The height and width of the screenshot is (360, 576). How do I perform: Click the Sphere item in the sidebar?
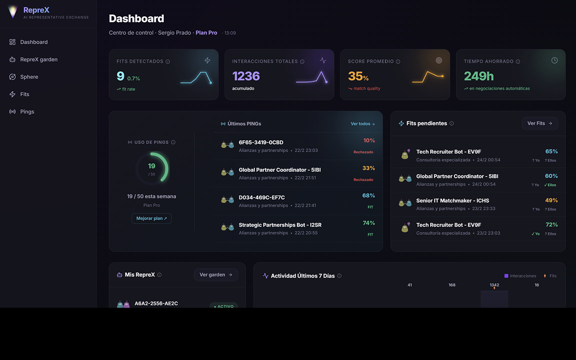pyautogui.click(x=29, y=77)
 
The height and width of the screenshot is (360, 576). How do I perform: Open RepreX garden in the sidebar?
pyautogui.click(x=39, y=59)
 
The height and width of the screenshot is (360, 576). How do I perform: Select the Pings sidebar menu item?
pyautogui.click(x=27, y=112)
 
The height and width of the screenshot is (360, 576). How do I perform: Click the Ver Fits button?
pyautogui.click(x=540, y=123)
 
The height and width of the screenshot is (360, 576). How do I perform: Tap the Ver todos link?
pyautogui.click(x=363, y=124)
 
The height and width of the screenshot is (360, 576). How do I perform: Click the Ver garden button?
pyautogui.click(x=216, y=275)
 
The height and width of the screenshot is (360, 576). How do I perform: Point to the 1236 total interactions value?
pyautogui.click(x=246, y=76)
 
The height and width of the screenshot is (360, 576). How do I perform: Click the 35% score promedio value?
pyautogui.click(x=358, y=76)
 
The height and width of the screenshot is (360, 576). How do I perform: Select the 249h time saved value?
pyautogui.click(x=479, y=76)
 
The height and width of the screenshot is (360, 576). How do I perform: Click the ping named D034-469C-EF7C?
pyautogui.click(x=261, y=198)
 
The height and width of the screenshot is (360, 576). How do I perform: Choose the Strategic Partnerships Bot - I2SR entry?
pyautogui.click(x=280, y=225)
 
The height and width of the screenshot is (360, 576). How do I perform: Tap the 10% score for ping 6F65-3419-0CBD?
pyautogui.click(x=369, y=140)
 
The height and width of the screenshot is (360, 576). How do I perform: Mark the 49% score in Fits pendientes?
pyautogui.click(x=551, y=200)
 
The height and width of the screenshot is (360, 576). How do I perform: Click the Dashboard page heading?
pyautogui.click(x=136, y=18)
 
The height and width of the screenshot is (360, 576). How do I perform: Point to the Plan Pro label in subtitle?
pyautogui.click(x=207, y=33)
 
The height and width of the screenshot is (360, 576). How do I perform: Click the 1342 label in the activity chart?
pyautogui.click(x=494, y=285)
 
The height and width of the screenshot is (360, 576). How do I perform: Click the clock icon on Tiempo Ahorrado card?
pyautogui.click(x=554, y=60)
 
